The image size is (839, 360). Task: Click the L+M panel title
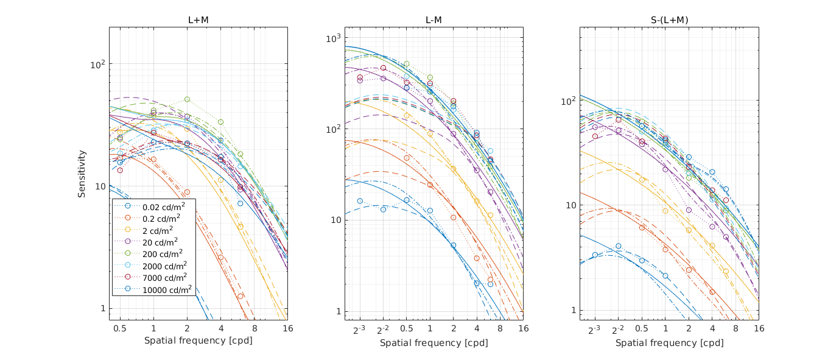tap(198, 20)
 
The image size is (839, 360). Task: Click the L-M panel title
tap(434, 20)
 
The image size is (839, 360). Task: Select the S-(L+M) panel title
tap(669, 20)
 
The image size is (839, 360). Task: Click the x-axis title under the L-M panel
tap(434, 343)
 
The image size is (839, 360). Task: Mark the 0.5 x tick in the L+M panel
tap(120, 328)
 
